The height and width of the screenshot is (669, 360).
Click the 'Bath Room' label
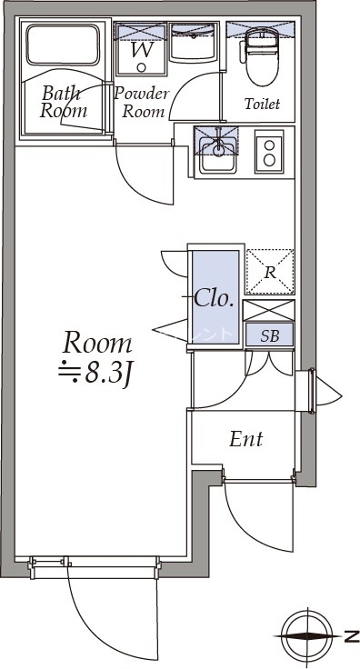[64, 102]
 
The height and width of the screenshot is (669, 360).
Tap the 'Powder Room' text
[143, 103]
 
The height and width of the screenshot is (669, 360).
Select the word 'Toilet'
[262, 104]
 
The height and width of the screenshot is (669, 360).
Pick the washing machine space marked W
[141, 49]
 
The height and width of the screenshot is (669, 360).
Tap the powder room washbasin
[194, 42]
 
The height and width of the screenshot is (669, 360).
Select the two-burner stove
[269, 152]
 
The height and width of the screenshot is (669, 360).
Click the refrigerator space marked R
[270, 272]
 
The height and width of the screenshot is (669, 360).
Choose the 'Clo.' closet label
[214, 298]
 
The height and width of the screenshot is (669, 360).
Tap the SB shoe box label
[270, 335]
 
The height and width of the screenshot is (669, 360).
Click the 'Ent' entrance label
[246, 439]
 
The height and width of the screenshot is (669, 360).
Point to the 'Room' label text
[97, 344]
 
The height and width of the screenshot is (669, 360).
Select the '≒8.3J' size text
[94, 373]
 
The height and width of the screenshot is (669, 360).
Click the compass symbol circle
[307, 636]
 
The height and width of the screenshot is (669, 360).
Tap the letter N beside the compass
[352, 637]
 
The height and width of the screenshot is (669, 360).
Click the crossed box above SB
[269, 311]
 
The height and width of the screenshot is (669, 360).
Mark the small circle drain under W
[142, 67]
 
